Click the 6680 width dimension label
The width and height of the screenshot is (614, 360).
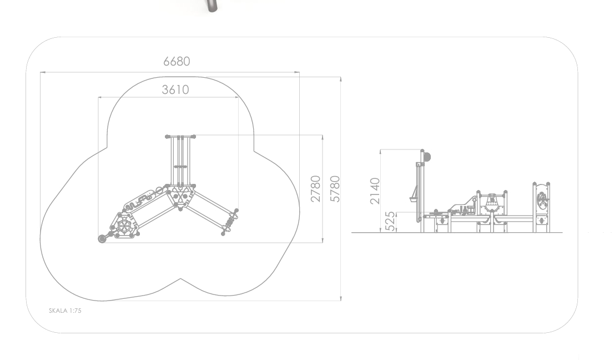tap(177, 62)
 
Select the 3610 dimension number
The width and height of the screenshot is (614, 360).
tap(175, 89)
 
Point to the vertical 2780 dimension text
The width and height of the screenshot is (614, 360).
tap(316, 189)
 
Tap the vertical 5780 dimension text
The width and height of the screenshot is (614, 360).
tap(335, 189)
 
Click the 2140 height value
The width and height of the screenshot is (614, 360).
tap(375, 191)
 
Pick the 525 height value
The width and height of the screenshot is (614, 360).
tap(390, 221)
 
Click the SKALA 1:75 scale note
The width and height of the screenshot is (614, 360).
tap(65, 311)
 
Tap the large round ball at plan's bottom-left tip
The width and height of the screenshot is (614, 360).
tap(102, 238)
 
